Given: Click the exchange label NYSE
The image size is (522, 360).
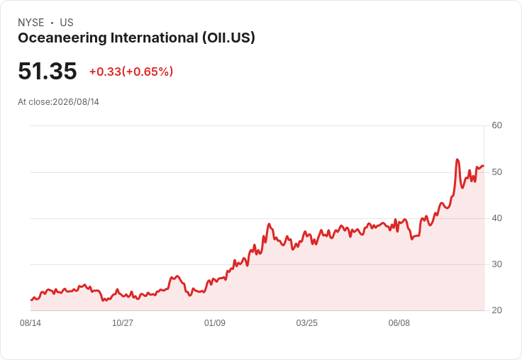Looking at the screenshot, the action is [x=31, y=23].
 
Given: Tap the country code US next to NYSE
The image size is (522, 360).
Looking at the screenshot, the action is [x=67, y=23].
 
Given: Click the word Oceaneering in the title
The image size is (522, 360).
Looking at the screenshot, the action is [x=62, y=38].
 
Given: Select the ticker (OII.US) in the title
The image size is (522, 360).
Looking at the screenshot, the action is [x=228, y=38].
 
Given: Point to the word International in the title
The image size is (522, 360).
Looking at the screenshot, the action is [x=155, y=38].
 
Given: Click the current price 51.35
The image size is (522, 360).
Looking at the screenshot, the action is [x=48, y=71].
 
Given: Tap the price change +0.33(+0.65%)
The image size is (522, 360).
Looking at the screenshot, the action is [x=131, y=72].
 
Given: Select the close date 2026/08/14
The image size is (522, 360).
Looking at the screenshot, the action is [x=76, y=102].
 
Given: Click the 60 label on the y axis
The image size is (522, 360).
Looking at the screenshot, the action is [x=496, y=125].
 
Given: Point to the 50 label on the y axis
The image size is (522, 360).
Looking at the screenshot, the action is [x=496, y=172].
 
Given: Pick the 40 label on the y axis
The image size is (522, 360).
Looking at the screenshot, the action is [x=496, y=218].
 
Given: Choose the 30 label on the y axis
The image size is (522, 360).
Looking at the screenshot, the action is [x=496, y=264].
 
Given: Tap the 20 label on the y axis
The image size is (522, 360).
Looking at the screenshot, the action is [x=496, y=310].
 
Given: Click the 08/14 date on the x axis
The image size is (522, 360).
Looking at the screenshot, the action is [x=30, y=323].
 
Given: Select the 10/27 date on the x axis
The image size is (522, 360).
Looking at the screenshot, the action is [x=123, y=323].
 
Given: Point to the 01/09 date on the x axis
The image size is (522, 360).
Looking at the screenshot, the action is [x=215, y=323].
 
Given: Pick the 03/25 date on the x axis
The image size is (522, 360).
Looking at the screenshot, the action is [x=307, y=323].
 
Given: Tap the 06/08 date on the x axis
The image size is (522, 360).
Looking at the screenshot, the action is [x=399, y=323].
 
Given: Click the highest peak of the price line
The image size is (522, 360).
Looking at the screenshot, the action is [x=457, y=159].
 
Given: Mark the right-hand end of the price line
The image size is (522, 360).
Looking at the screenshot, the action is [x=484, y=166].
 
